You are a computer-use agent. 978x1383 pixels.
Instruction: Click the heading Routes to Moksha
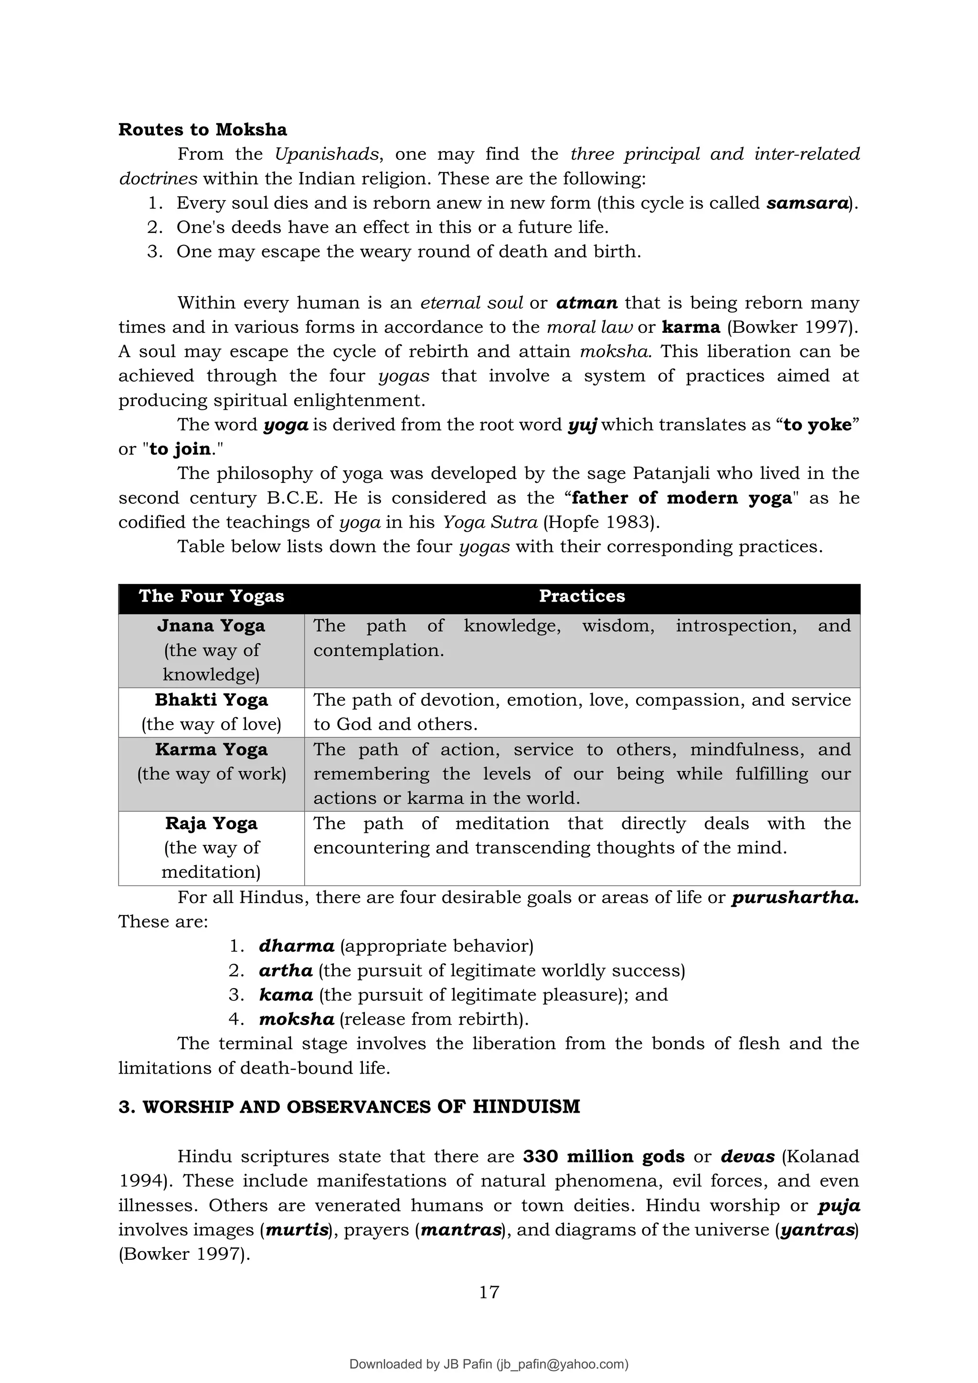pos(202,129)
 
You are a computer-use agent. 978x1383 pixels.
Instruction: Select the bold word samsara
pos(807,203)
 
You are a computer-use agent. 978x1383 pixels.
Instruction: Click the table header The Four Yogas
pos(212,596)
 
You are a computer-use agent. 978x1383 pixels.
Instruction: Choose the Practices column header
pos(582,596)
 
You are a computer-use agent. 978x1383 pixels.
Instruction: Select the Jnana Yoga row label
pos(212,626)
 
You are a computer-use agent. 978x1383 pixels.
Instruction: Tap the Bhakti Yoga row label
pos(212,700)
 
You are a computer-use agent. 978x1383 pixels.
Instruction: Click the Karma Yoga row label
pos(212,749)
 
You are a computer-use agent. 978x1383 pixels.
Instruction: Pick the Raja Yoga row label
pos(212,823)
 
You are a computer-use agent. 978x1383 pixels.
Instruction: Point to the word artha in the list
pos(286,970)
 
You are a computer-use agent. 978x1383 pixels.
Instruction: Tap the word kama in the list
pos(286,994)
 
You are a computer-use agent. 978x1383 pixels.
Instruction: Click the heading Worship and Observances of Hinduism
pos(349,1106)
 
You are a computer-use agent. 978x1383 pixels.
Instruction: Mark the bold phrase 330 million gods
pos(604,1157)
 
